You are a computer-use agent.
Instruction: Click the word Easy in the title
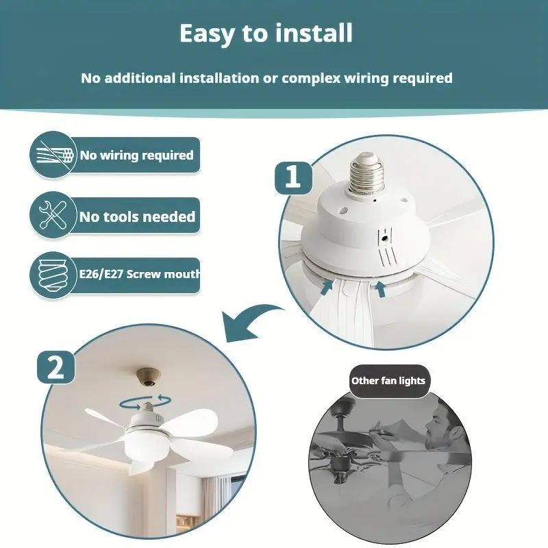208,34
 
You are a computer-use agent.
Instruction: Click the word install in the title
314,33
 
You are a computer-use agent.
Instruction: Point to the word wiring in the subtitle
366,78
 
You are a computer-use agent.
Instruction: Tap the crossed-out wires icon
53,155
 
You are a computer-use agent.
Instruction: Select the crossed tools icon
53,215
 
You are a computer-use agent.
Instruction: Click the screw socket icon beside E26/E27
53,275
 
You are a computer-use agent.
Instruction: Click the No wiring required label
136,155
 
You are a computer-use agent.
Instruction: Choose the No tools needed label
138,216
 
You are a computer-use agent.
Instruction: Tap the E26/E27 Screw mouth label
140,273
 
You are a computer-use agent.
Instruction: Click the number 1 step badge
293,177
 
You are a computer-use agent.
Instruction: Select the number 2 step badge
56,368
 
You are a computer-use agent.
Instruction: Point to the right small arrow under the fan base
380,289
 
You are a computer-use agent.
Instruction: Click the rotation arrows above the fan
145,402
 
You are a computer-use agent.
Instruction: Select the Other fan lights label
388,381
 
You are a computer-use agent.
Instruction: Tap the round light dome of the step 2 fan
145,441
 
